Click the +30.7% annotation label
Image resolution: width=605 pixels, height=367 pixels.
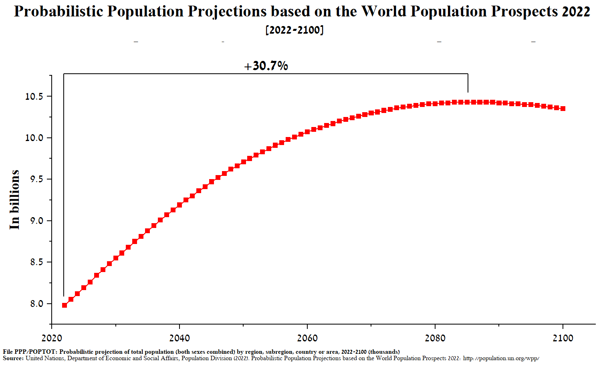tap(266, 66)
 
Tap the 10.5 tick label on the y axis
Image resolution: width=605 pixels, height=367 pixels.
tap(34, 97)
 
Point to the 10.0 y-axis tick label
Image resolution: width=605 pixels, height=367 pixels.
tap(34, 138)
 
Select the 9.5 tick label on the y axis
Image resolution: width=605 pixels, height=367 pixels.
tap(36, 179)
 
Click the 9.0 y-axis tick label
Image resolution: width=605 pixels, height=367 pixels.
tap(36, 221)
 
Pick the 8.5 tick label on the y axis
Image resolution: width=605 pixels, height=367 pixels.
tap(36, 262)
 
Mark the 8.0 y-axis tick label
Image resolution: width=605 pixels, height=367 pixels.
tap(36, 304)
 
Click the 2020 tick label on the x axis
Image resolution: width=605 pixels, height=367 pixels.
tap(52, 338)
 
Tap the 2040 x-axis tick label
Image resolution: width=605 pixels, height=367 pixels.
tap(179, 338)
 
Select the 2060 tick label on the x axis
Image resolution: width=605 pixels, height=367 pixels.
tap(307, 338)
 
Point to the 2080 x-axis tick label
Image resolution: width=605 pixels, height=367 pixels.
tap(435, 338)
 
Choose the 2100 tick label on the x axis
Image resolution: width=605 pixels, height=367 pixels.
tap(563, 338)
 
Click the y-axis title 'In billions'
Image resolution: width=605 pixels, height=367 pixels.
tap(15, 200)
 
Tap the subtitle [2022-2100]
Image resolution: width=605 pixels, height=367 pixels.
tap(294, 30)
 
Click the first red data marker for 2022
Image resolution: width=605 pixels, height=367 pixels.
tap(65, 305)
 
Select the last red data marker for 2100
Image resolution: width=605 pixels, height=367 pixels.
tap(563, 109)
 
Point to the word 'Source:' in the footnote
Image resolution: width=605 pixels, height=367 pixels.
tap(13, 358)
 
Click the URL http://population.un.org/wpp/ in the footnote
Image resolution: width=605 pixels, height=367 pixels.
tap(501, 358)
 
